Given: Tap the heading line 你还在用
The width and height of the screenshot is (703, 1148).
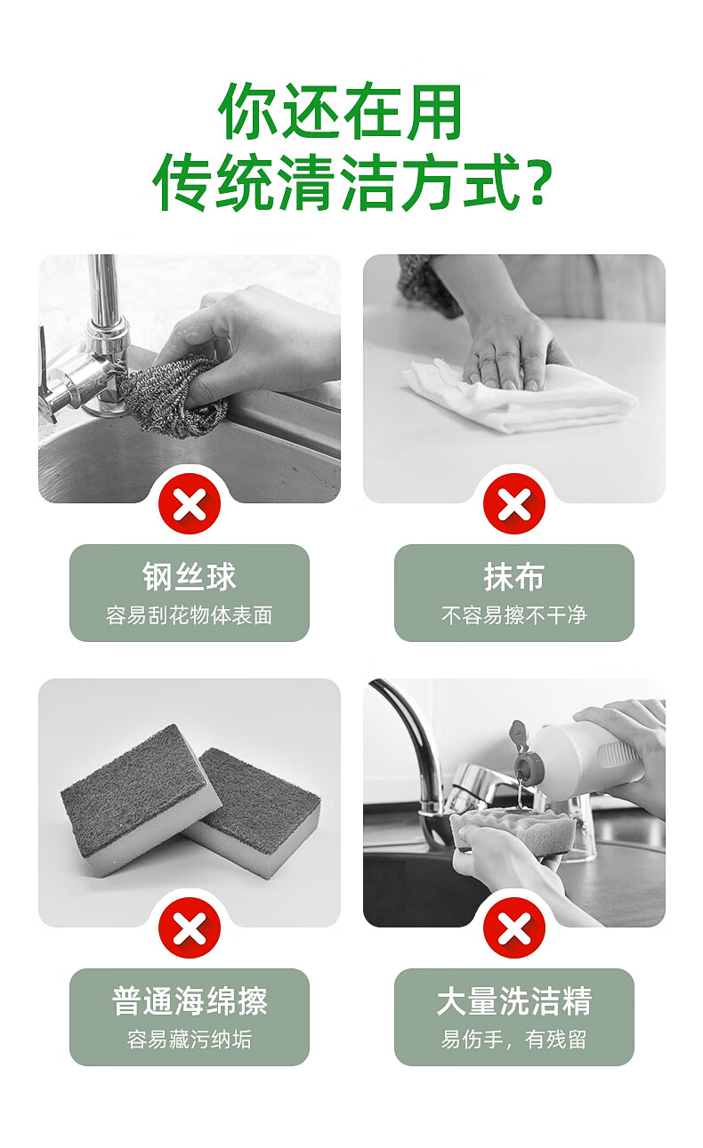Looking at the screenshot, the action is pyautogui.click(x=341, y=111).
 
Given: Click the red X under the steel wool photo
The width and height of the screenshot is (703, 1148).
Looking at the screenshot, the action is pyautogui.click(x=190, y=503).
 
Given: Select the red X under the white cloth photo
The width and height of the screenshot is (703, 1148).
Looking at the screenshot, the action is pyautogui.click(x=513, y=503).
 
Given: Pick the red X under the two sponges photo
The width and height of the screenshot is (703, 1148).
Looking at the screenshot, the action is pyautogui.click(x=190, y=927).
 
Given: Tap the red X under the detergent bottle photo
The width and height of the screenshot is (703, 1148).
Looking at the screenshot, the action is pyautogui.click(x=513, y=927).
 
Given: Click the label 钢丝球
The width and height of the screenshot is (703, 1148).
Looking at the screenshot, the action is pyautogui.click(x=190, y=576).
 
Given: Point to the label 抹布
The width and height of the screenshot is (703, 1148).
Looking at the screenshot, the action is pyautogui.click(x=513, y=576).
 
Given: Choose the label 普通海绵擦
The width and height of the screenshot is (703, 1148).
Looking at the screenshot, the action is pyautogui.click(x=190, y=1000).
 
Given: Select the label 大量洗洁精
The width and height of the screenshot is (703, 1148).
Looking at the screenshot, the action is pyautogui.click(x=513, y=1000).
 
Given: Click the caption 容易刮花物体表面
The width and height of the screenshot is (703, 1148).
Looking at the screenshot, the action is pyautogui.click(x=190, y=615).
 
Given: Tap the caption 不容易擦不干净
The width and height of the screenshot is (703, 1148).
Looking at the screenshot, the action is pyautogui.click(x=513, y=615).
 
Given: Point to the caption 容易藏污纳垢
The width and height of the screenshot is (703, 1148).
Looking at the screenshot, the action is pyautogui.click(x=190, y=1040).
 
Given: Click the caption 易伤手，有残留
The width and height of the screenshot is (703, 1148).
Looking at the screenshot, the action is pyautogui.click(x=513, y=1040).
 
